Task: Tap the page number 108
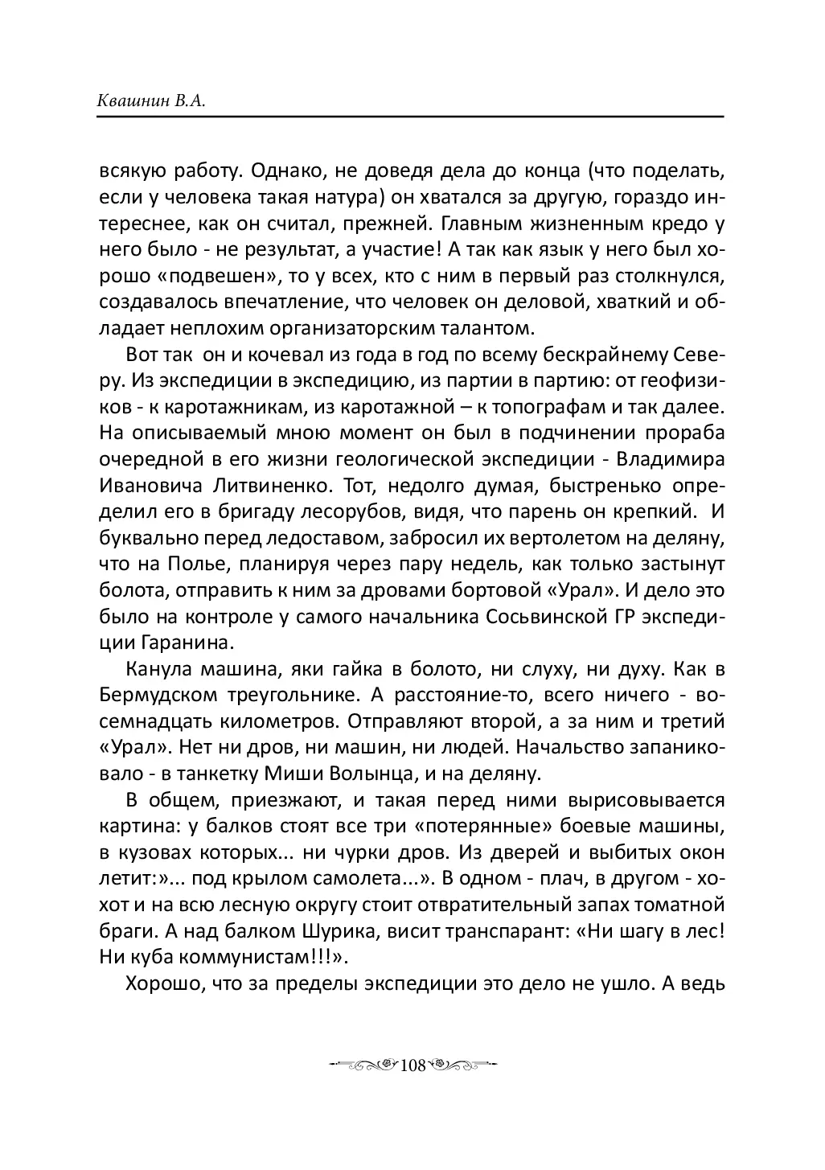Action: [x=411, y=1065]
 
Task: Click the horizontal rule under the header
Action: [x=411, y=117]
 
